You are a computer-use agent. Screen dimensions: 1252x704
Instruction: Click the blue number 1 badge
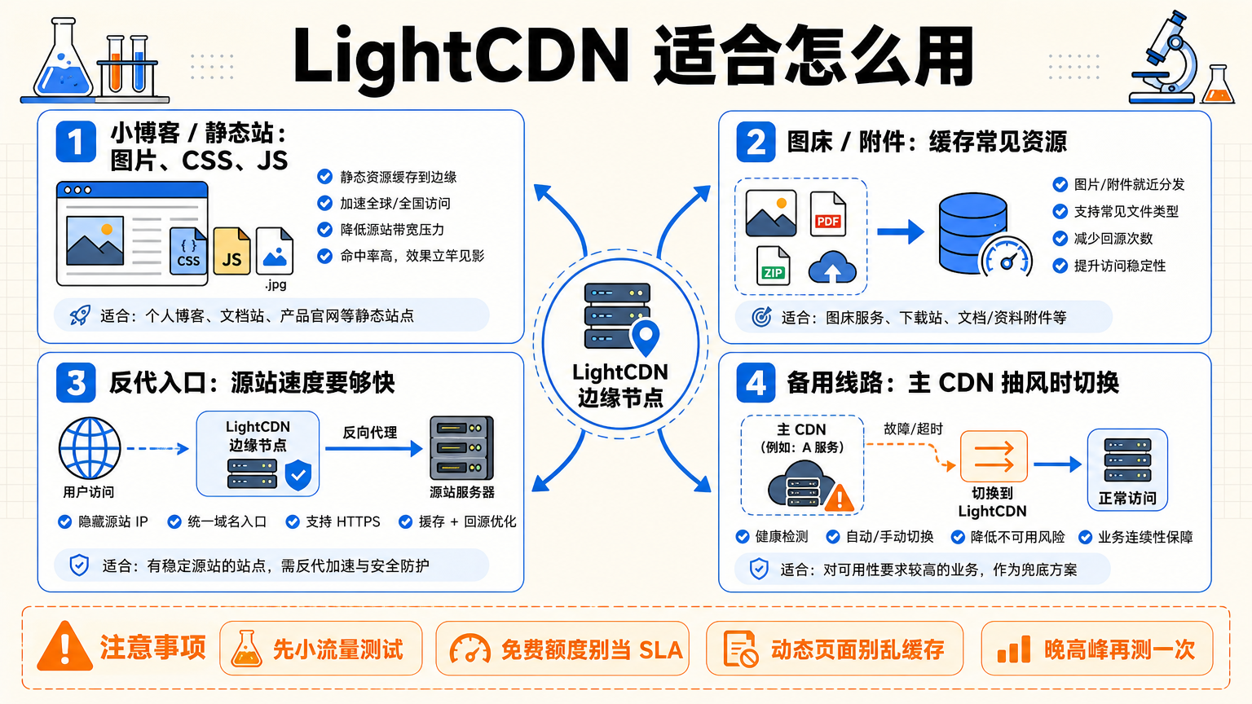(x=76, y=142)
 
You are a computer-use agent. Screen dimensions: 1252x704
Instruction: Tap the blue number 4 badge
(x=756, y=383)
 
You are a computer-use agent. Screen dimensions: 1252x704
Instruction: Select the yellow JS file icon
(x=232, y=251)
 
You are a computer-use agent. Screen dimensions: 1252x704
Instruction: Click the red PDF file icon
(x=828, y=214)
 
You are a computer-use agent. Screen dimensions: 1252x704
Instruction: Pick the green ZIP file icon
(x=773, y=266)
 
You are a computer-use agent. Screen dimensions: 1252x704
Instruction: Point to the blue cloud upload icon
(x=832, y=267)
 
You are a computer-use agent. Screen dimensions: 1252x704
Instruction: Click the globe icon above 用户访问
(x=90, y=448)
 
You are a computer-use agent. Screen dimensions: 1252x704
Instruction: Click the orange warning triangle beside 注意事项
(x=65, y=646)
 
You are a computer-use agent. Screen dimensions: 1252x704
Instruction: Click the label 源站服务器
(x=461, y=492)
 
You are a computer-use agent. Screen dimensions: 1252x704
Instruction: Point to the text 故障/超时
(x=913, y=429)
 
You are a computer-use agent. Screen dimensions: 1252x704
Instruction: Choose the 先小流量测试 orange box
(x=321, y=648)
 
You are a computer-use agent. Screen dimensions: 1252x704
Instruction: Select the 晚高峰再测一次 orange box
(x=1097, y=648)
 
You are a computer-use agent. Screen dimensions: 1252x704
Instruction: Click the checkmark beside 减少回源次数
(x=1060, y=239)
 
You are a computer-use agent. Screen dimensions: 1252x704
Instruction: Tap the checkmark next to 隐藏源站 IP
(x=65, y=521)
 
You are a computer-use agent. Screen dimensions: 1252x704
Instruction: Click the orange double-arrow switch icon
(x=994, y=456)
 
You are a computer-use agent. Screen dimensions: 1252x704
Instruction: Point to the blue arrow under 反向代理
(x=373, y=448)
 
